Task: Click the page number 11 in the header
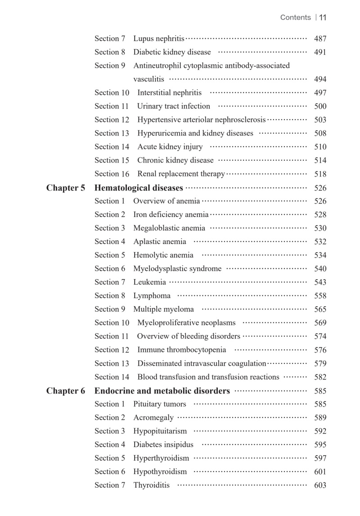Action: [x=322, y=18]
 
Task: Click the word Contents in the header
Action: [x=295, y=18]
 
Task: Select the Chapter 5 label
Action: [x=66, y=188]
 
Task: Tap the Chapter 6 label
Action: [x=66, y=391]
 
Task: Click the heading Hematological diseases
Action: [x=139, y=188]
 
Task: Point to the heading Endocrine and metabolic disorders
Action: [x=162, y=391]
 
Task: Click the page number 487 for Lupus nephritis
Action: [x=320, y=39]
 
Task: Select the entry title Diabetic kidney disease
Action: [x=172, y=52]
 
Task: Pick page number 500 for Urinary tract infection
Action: [x=320, y=106]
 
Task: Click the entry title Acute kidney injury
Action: [x=170, y=147]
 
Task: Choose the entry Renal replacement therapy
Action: [x=181, y=174]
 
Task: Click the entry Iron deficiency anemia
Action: [x=171, y=215]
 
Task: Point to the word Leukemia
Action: [x=149, y=282]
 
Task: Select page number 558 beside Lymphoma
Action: [x=320, y=296]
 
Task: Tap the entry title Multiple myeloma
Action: [x=163, y=309]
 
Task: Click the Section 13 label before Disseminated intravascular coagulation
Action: [x=112, y=363]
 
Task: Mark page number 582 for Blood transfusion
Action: [x=320, y=377]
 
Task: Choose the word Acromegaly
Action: [x=153, y=418]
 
